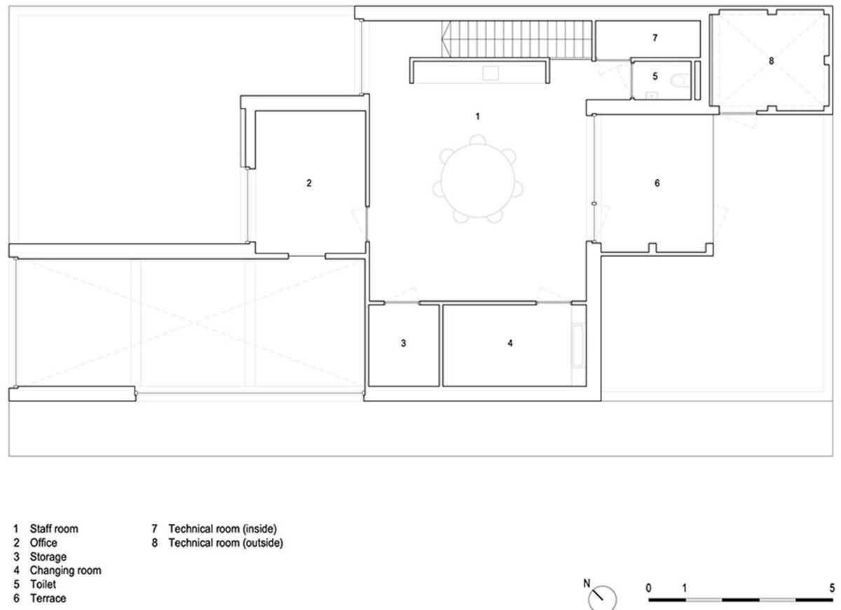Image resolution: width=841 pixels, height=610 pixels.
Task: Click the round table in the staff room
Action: (x=477, y=181)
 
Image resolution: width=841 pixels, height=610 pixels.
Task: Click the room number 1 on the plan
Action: (x=477, y=117)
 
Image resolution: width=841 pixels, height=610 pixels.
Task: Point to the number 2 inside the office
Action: (x=309, y=183)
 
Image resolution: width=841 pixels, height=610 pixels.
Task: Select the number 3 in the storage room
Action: (x=403, y=343)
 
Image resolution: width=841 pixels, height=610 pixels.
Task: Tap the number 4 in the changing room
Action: (x=510, y=343)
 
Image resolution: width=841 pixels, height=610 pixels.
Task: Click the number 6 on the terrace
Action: (x=657, y=183)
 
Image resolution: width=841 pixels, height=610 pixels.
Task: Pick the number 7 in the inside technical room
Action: (x=655, y=38)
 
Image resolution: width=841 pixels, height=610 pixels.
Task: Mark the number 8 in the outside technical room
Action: (x=771, y=61)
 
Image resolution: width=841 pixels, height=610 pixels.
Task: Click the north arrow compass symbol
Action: (x=601, y=597)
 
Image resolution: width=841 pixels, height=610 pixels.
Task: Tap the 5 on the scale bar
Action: (x=832, y=588)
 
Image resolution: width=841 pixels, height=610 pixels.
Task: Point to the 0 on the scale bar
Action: (x=648, y=588)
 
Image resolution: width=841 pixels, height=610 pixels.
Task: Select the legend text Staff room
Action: (x=54, y=529)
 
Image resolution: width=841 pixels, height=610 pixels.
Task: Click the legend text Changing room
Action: (x=66, y=571)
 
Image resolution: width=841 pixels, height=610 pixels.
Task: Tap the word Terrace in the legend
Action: (x=48, y=598)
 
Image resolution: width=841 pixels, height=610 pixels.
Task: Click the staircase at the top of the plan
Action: (x=517, y=39)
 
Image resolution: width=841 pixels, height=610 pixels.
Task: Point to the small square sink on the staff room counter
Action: (x=491, y=73)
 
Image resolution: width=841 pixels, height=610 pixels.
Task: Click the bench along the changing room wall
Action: (x=577, y=345)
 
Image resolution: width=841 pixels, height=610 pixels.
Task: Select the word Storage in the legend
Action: (x=48, y=557)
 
